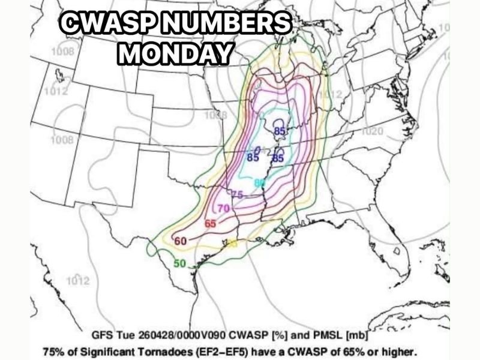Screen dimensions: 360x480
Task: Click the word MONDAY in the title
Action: (x=175, y=53)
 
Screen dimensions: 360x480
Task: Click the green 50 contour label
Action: (x=180, y=263)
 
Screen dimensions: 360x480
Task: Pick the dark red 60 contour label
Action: (x=181, y=241)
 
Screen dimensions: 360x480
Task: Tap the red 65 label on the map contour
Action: (x=210, y=223)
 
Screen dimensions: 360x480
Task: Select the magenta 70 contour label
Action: (x=223, y=208)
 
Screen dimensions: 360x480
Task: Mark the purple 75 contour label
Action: (x=237, y=194)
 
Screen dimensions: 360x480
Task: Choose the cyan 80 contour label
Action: (x=259, y=182)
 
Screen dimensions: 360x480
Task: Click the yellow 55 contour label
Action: (x=232, y=244)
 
